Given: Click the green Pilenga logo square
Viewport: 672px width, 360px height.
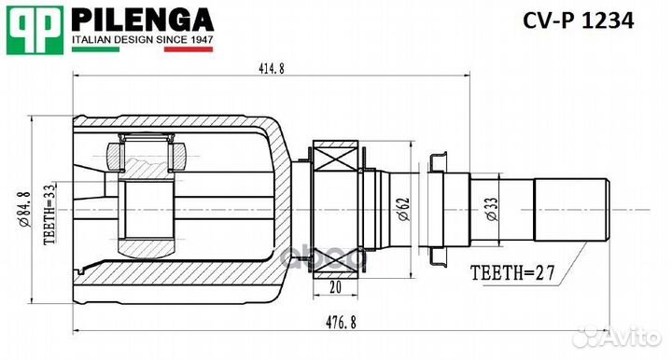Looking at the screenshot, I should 34,29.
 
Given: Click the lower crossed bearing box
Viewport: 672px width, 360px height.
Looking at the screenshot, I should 337,264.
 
